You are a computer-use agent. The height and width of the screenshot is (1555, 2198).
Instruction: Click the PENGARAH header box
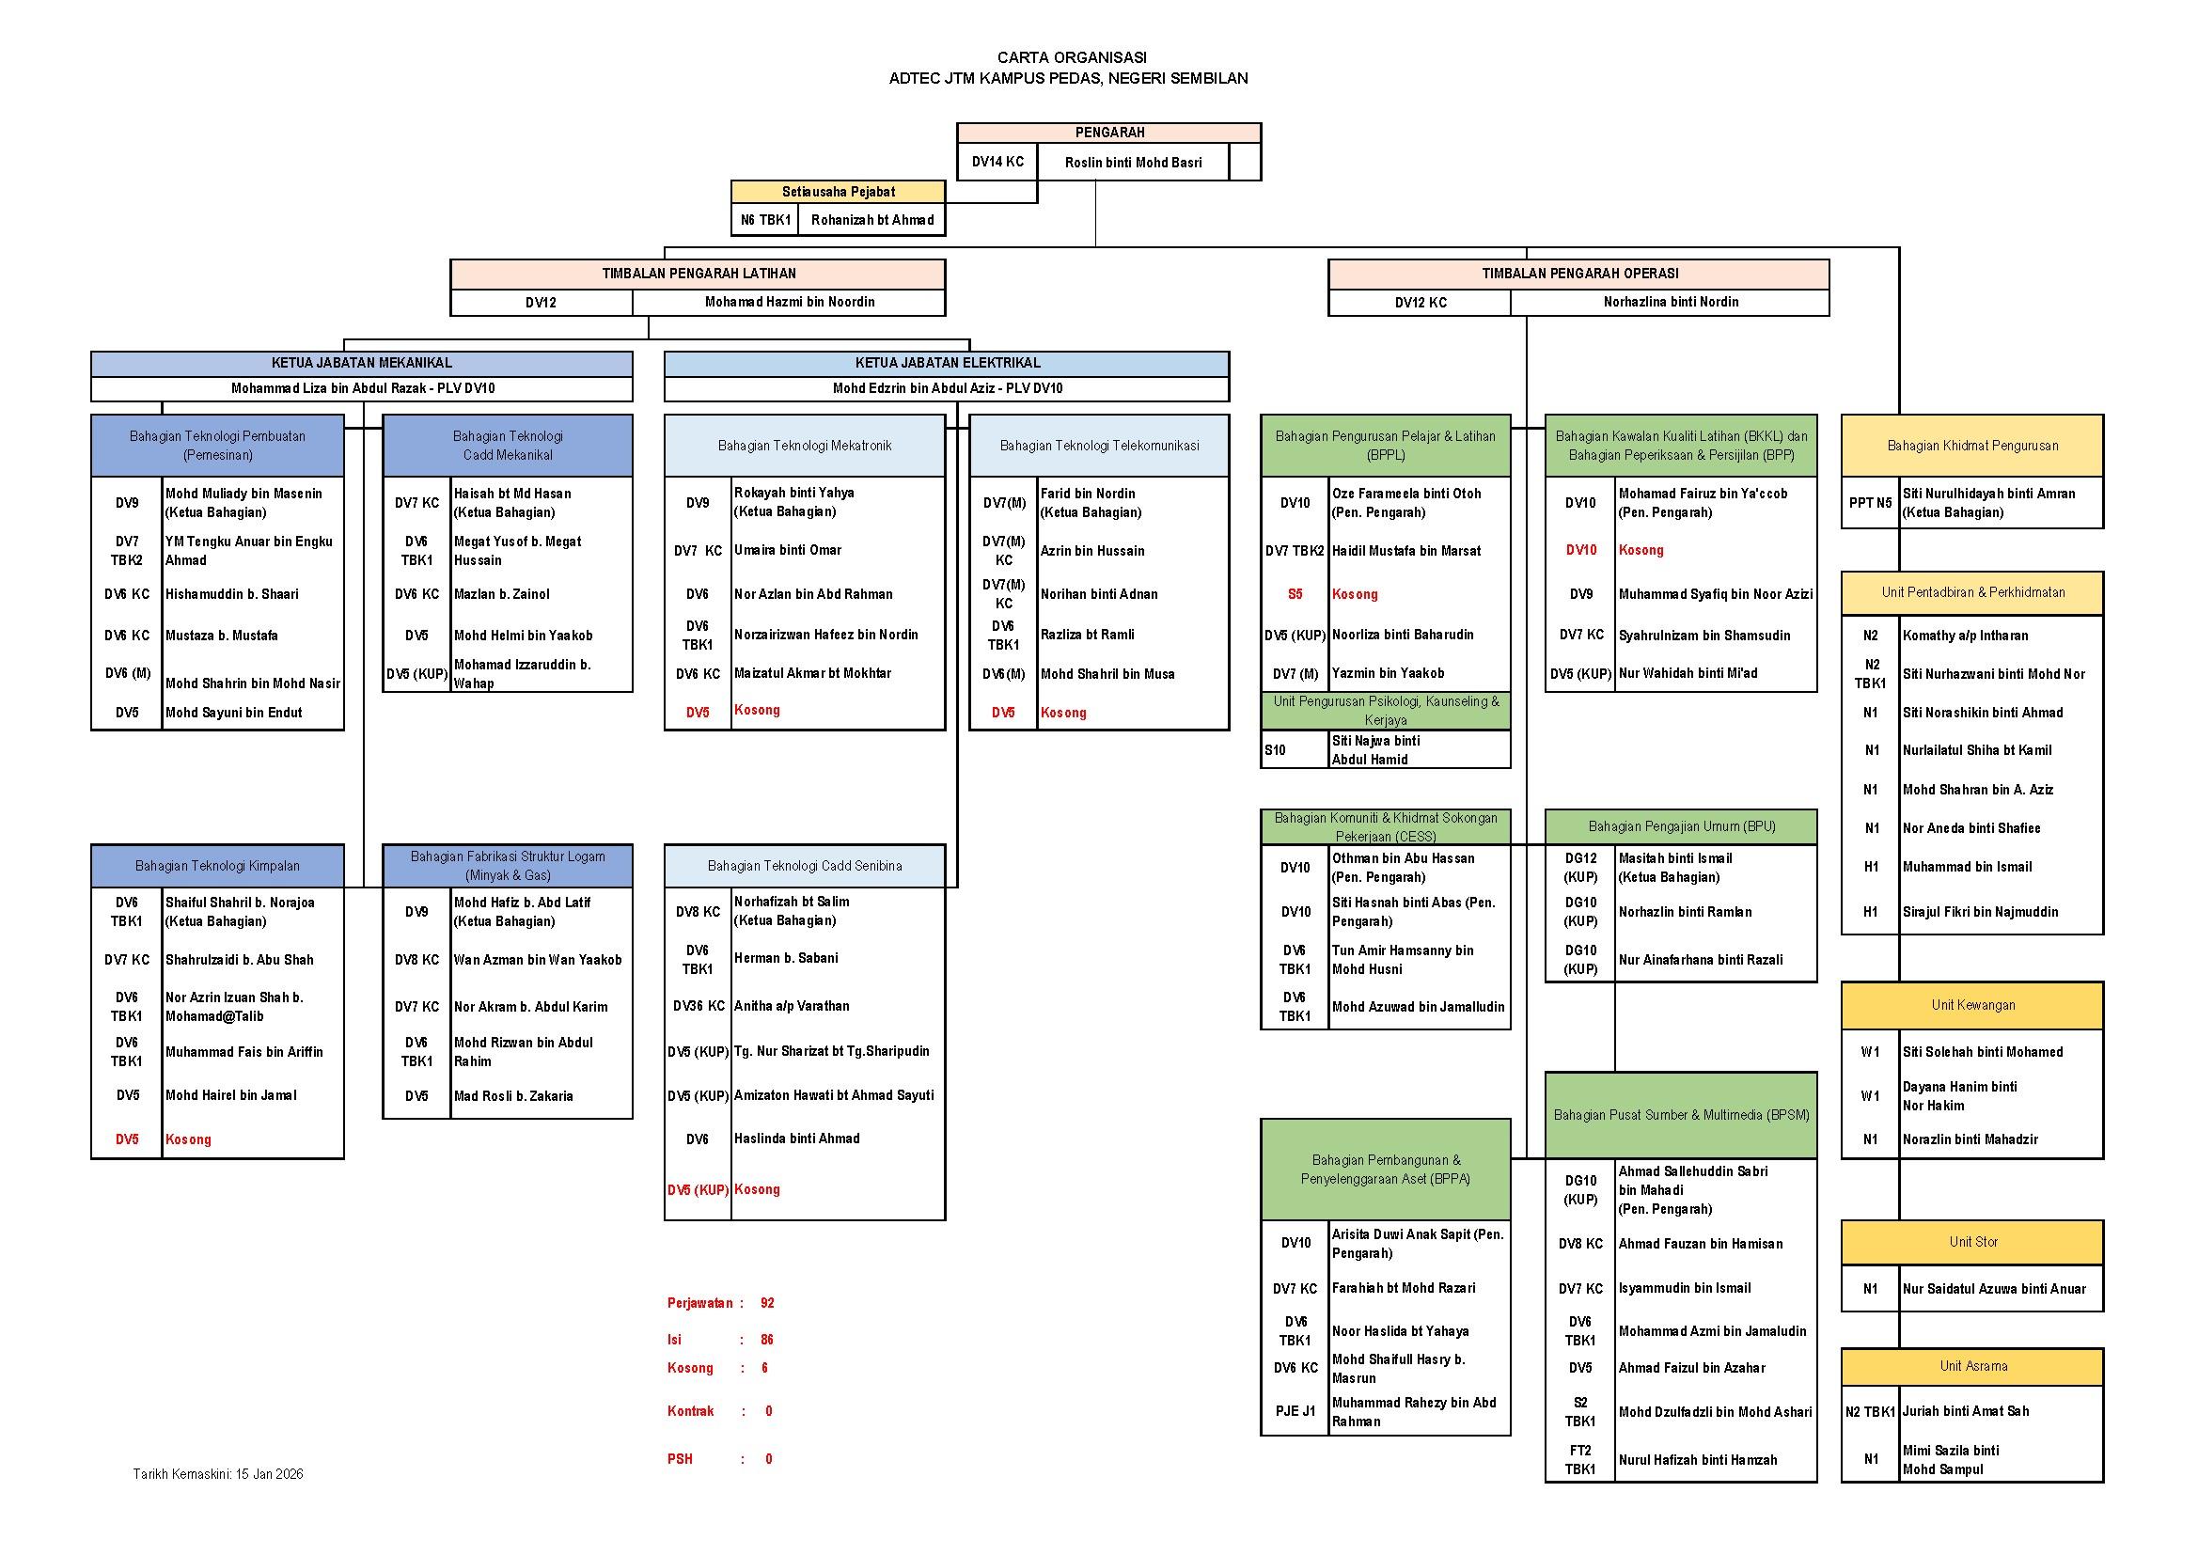point(1108,134)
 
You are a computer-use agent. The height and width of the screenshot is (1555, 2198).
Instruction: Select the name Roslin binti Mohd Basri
point(1133,163)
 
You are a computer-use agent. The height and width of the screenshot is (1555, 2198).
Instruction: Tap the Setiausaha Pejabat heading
point(838,192)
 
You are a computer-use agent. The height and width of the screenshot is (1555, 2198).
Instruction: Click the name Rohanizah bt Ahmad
point(872,220)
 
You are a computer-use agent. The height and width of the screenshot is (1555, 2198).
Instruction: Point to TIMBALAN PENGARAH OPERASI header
point(1579,274)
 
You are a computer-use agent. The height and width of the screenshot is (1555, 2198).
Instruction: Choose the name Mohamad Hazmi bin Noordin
point(789,303)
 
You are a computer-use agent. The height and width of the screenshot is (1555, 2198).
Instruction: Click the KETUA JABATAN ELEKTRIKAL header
point(947,363)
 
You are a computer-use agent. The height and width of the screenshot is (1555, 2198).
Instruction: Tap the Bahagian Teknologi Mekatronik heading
point(804,446)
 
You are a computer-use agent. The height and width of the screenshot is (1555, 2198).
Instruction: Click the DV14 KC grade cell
point(997,163)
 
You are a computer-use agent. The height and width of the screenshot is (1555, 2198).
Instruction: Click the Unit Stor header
point(1973,1242)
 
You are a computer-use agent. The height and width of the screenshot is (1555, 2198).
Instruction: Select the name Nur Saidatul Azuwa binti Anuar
point(1993,1289)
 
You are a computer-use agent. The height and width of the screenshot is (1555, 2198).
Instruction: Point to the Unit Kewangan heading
point(1973,1005)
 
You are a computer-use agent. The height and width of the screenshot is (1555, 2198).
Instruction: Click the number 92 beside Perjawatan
point(767,1303)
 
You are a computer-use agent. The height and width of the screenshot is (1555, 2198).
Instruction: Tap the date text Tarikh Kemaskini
point(217,1473)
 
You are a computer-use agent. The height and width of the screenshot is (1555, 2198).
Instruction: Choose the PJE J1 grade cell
point(1295,1411)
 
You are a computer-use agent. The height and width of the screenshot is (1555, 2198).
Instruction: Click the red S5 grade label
point(1295,594)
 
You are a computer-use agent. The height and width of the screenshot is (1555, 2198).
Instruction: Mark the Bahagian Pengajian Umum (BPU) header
point(1681,826)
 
